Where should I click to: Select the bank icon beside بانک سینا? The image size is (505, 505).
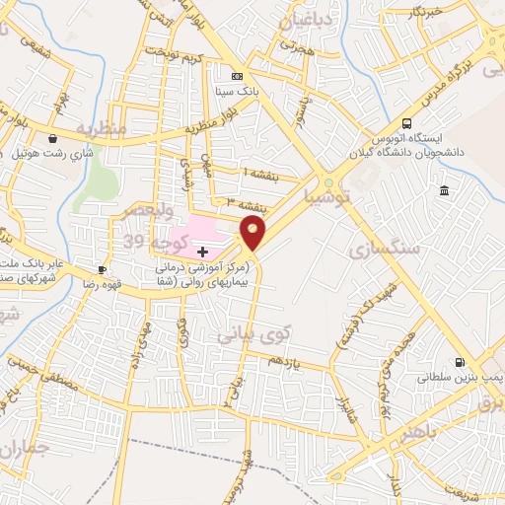pos(237,76)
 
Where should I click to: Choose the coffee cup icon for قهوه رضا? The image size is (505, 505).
pos(102,269)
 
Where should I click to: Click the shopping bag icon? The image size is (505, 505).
pos(51,139)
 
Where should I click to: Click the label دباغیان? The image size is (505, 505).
pos(306,20)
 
